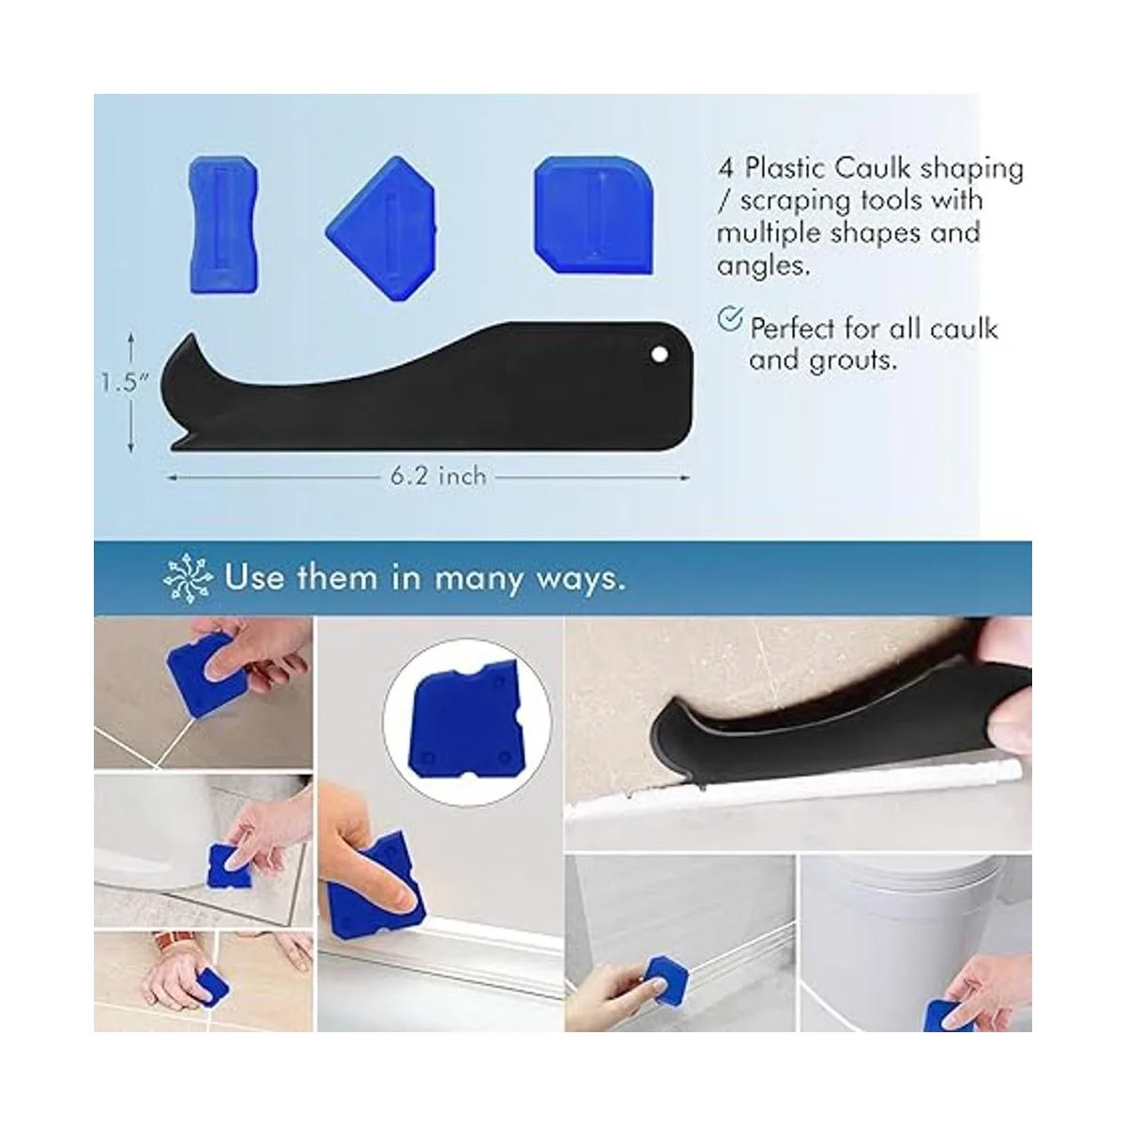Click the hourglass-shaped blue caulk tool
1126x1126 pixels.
point(223,224)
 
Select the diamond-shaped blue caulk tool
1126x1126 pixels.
point(382,228)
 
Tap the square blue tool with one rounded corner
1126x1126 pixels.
point(593,215)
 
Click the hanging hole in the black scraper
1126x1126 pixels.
point(660,354)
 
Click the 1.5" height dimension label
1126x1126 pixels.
point(125,383)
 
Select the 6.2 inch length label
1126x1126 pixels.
point(438,477)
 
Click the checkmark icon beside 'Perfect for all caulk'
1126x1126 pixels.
point(729,319)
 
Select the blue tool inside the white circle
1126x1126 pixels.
point(467,723)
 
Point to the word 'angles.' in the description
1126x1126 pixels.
point(764,266)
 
